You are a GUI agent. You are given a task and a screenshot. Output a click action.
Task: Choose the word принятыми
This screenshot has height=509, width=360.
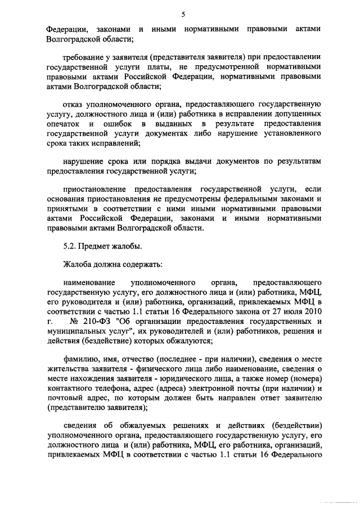click(x=64, y=208)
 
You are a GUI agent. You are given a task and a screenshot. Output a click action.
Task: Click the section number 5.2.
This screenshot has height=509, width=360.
click(x=69, y=246)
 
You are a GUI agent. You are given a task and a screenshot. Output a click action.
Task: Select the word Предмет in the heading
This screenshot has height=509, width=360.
click(x=92, y=246)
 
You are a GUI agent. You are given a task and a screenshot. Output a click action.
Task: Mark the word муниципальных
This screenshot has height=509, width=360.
click(x=74, y=330)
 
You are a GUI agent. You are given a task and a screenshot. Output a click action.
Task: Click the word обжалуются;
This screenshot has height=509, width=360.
click(x=190, y=339)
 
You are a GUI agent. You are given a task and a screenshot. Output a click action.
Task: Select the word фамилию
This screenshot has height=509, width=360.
click(x=80, y=359)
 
